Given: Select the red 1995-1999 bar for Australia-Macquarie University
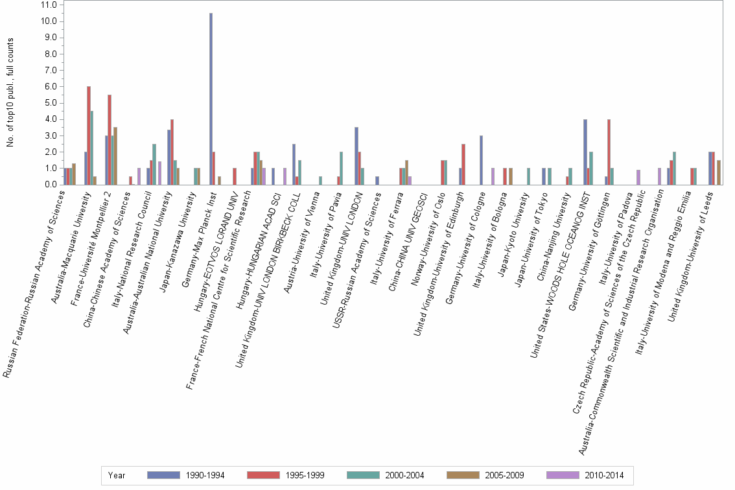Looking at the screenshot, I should (x=89, y=135).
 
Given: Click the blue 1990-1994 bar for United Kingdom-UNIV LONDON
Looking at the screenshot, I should (x=356, y=156).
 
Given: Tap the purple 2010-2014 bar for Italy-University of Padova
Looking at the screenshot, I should (x=638, y=177).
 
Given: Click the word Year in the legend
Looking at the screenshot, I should (x=117, y=475).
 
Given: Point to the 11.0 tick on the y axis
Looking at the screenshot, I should (x=49, y=5).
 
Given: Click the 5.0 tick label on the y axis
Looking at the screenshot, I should (x=50, y=103).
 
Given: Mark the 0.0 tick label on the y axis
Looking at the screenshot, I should (x=50, y=185).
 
